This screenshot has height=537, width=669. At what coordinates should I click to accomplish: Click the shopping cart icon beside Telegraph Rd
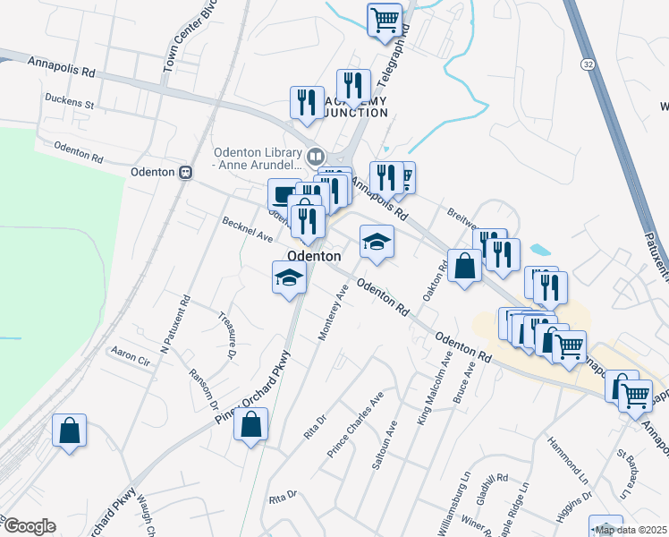(x=385, y=19)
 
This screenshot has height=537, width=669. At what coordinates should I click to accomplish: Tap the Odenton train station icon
(x=186, y=172)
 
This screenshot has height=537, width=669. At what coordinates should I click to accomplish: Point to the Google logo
(x=29, y=526)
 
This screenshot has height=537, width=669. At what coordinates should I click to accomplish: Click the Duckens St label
(x=70, y=102)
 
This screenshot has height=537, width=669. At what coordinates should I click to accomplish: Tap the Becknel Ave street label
(x=248, y=233)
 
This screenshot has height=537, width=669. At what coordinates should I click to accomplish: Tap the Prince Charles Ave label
(x=355, y=423)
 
